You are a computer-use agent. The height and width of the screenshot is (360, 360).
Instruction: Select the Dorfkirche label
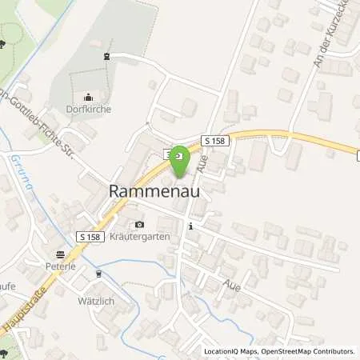pyautogui.click(x=88, y=109)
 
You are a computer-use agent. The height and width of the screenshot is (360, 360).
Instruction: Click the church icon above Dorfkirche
pyautogui.click(x=88, y=97)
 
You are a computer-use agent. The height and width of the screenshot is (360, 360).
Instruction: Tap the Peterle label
pyautogui.click(x=60, y=266)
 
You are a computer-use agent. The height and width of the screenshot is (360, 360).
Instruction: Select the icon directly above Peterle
pyautogui.click(x=60, y=254)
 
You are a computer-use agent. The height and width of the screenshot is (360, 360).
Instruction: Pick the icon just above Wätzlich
pyautogui.click(x=98, y=274)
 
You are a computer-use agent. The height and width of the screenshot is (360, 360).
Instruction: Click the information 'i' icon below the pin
pyautogui.click(x=190, y=227)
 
